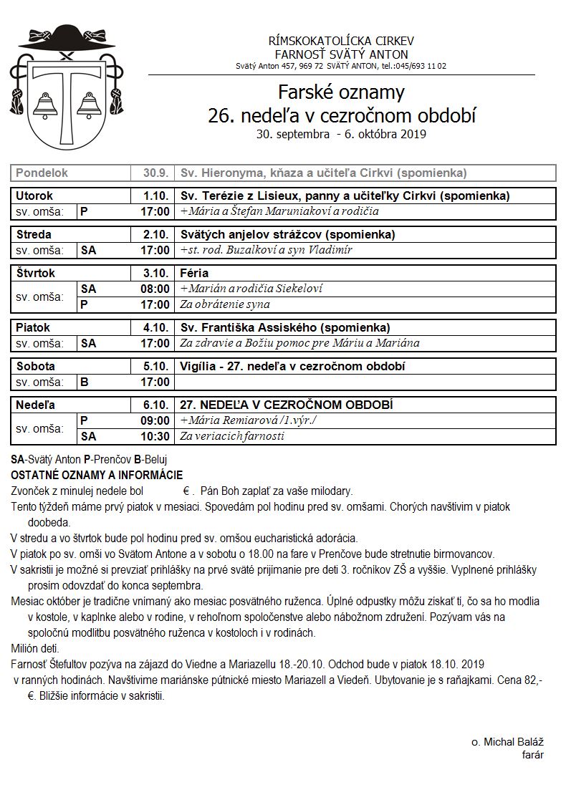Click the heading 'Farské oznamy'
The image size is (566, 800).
(341, 93)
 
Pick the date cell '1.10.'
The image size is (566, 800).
(155, 196)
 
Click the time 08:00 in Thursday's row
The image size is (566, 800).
(155, 289)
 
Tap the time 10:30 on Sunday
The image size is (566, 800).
(155, 436)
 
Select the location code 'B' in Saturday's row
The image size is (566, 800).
(85, 382)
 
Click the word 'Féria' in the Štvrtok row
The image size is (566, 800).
(195, 274)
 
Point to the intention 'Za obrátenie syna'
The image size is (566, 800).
(225, 304)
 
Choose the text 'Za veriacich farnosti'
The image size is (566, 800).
(232, 436)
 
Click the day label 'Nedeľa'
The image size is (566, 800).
(35, 405)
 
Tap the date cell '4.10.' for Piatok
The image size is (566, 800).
(155, 328)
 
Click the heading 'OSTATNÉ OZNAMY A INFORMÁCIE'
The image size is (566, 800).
(97, 475)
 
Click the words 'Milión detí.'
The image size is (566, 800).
(35, 649)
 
